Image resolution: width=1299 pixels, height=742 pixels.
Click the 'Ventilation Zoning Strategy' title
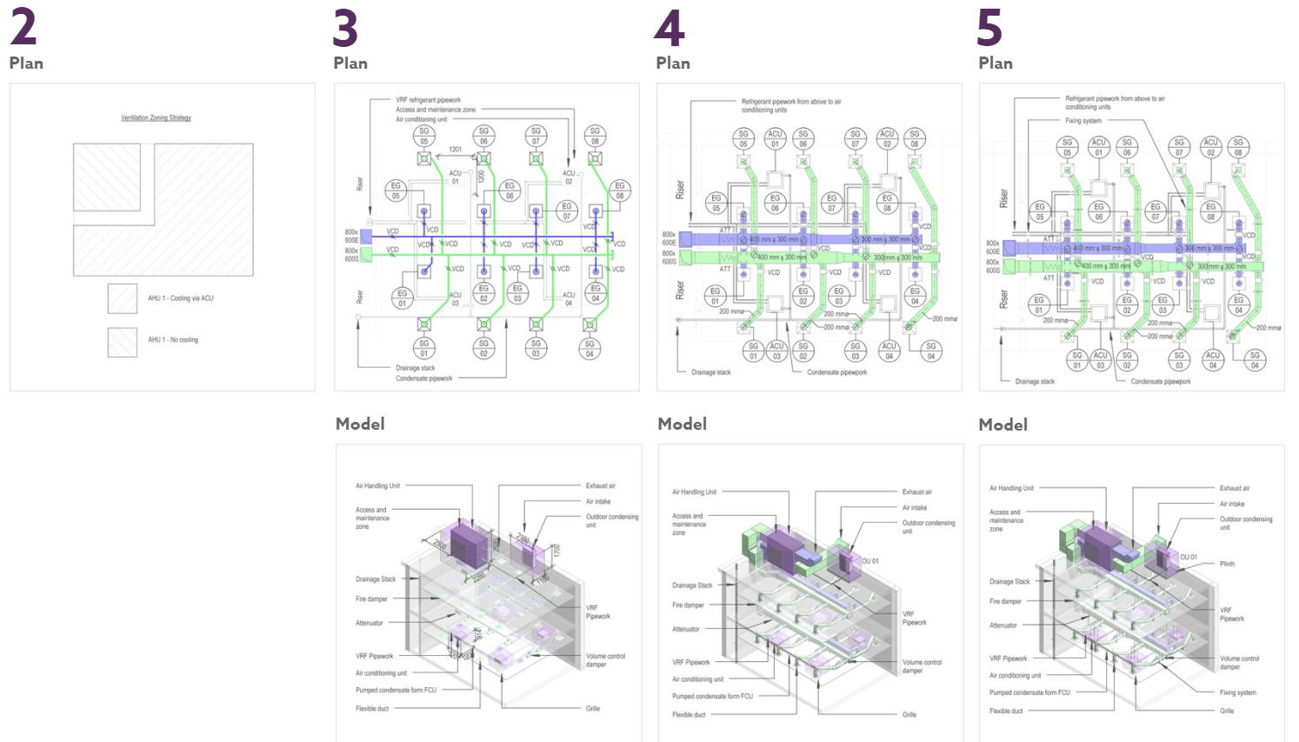[x=156, y=117]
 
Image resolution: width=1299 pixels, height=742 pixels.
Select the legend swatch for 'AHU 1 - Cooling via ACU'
[x=123, y=298]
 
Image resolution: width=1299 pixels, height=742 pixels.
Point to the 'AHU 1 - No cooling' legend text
[x=172, y=340]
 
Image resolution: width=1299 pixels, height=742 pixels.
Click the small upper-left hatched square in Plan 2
[x=106, y=177]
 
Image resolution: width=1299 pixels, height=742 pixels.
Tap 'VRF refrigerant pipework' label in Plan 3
[x=428, y=100]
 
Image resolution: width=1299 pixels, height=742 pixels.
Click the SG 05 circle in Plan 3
[x=424, y=136]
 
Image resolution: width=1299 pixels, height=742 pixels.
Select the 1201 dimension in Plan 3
[x=455, y=150]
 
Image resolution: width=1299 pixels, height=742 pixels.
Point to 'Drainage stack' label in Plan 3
[x=415, y=368]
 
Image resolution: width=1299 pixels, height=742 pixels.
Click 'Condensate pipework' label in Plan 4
[x=836, y=372]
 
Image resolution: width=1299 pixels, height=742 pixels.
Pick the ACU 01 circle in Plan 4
[x=775, y=139]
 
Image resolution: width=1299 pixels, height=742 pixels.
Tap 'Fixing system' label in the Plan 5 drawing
[x=1082, y=121]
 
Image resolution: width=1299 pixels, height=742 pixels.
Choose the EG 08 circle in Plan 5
[x=1210, y=211]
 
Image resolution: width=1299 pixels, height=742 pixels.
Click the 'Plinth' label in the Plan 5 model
[x=1227, y=564]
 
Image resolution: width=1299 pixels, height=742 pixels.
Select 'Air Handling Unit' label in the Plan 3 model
[x=377, y=486]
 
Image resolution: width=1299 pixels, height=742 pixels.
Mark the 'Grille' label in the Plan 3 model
[x=593, y=708]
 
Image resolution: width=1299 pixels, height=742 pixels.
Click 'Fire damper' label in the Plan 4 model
[x=688, y=605]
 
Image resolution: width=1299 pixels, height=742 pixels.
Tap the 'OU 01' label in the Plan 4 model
[x=870, y=561]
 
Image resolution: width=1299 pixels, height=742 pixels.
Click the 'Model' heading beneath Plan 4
[x=683, y=424]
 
